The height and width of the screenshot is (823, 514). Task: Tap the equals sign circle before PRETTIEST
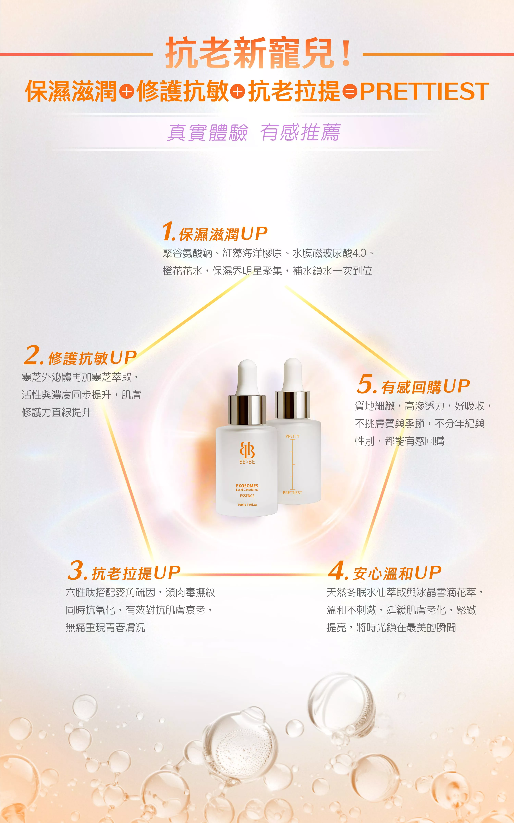coord(350,92)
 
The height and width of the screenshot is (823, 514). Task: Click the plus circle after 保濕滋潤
coord(126,92)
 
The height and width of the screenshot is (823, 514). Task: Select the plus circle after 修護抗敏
coord(238,92)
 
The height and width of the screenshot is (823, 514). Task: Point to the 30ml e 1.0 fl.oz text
coord(247,505)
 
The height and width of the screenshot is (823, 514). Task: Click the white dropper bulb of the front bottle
coord(247,378)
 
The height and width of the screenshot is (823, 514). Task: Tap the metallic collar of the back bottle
coord(292,405)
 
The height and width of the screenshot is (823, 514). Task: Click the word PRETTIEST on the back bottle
coord(292,492)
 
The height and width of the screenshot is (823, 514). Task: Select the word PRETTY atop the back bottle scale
coord(292,436)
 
